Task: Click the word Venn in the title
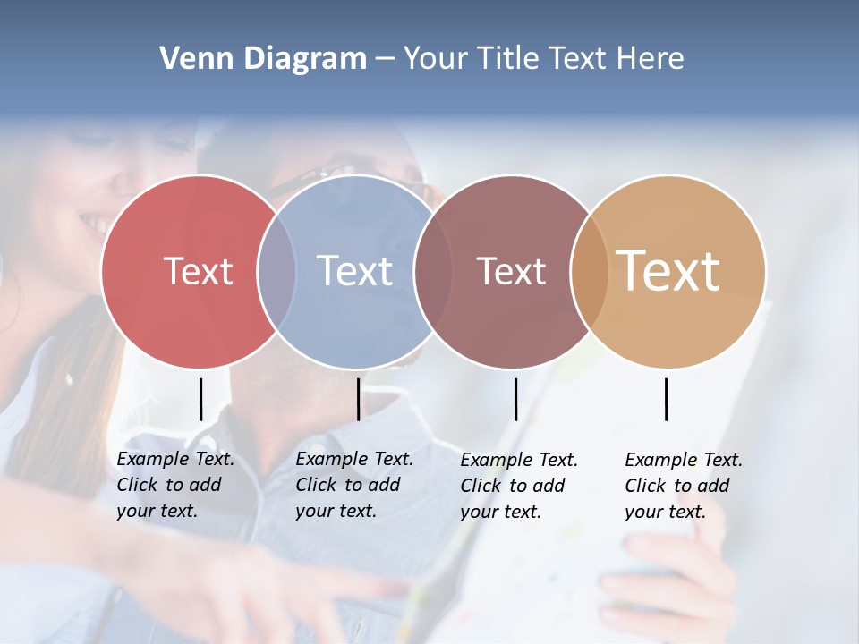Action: click(x=192, y=59)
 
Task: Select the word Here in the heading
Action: click(x=651, y=59)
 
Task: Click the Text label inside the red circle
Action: click(x=198, y=271)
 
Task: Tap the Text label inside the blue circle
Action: click(x=355, y=271)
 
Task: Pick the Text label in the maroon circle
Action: click(x=511, y=271)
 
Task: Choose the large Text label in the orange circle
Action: click(x=668, y=270)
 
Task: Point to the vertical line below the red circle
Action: click(x=200, y=399)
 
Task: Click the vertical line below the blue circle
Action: click(x=358, y=399)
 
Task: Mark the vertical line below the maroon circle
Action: click(x=515, y=399)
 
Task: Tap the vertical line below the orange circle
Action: click(x=666, y=399)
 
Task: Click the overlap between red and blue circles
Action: click(x=276, y=271)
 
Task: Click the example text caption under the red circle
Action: click(x=175, y=485)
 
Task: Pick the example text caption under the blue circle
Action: click(x=354, y=485)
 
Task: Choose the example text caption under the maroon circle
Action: click(x=519, y=486)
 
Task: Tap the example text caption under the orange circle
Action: click(x=684, y=486)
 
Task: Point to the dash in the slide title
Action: click(x=385, y=59)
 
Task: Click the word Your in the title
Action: click(x=436, y=59)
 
